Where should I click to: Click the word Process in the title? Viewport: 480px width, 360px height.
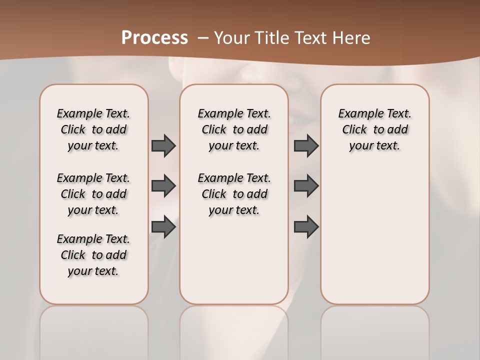(x=154, y=37)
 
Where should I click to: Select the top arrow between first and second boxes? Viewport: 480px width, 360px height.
(x=163, y=145)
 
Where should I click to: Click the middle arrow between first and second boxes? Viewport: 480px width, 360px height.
(x=163, y=186)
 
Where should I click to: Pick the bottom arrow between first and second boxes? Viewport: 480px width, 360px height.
(x=163, y=226)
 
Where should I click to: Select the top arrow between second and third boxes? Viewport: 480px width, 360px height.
(x=306, y=145)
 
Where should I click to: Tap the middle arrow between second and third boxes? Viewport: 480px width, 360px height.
(x=306, y=186)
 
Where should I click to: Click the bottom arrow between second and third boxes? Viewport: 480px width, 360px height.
(x=306, y=226)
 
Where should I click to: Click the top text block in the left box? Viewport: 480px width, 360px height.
(x=93, y=129)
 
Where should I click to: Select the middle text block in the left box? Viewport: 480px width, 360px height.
(x=93, y=194)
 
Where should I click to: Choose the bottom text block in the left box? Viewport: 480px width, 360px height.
(x=93, y=255)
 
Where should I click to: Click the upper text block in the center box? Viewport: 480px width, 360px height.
(x=234, y=129)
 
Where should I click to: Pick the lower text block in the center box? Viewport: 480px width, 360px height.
(x=234, y=194)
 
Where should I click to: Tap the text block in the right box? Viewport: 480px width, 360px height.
(x=374, y=129)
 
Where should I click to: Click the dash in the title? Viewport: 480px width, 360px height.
(x=203, y=38)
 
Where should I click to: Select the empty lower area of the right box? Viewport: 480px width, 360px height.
(x=374, y=230)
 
